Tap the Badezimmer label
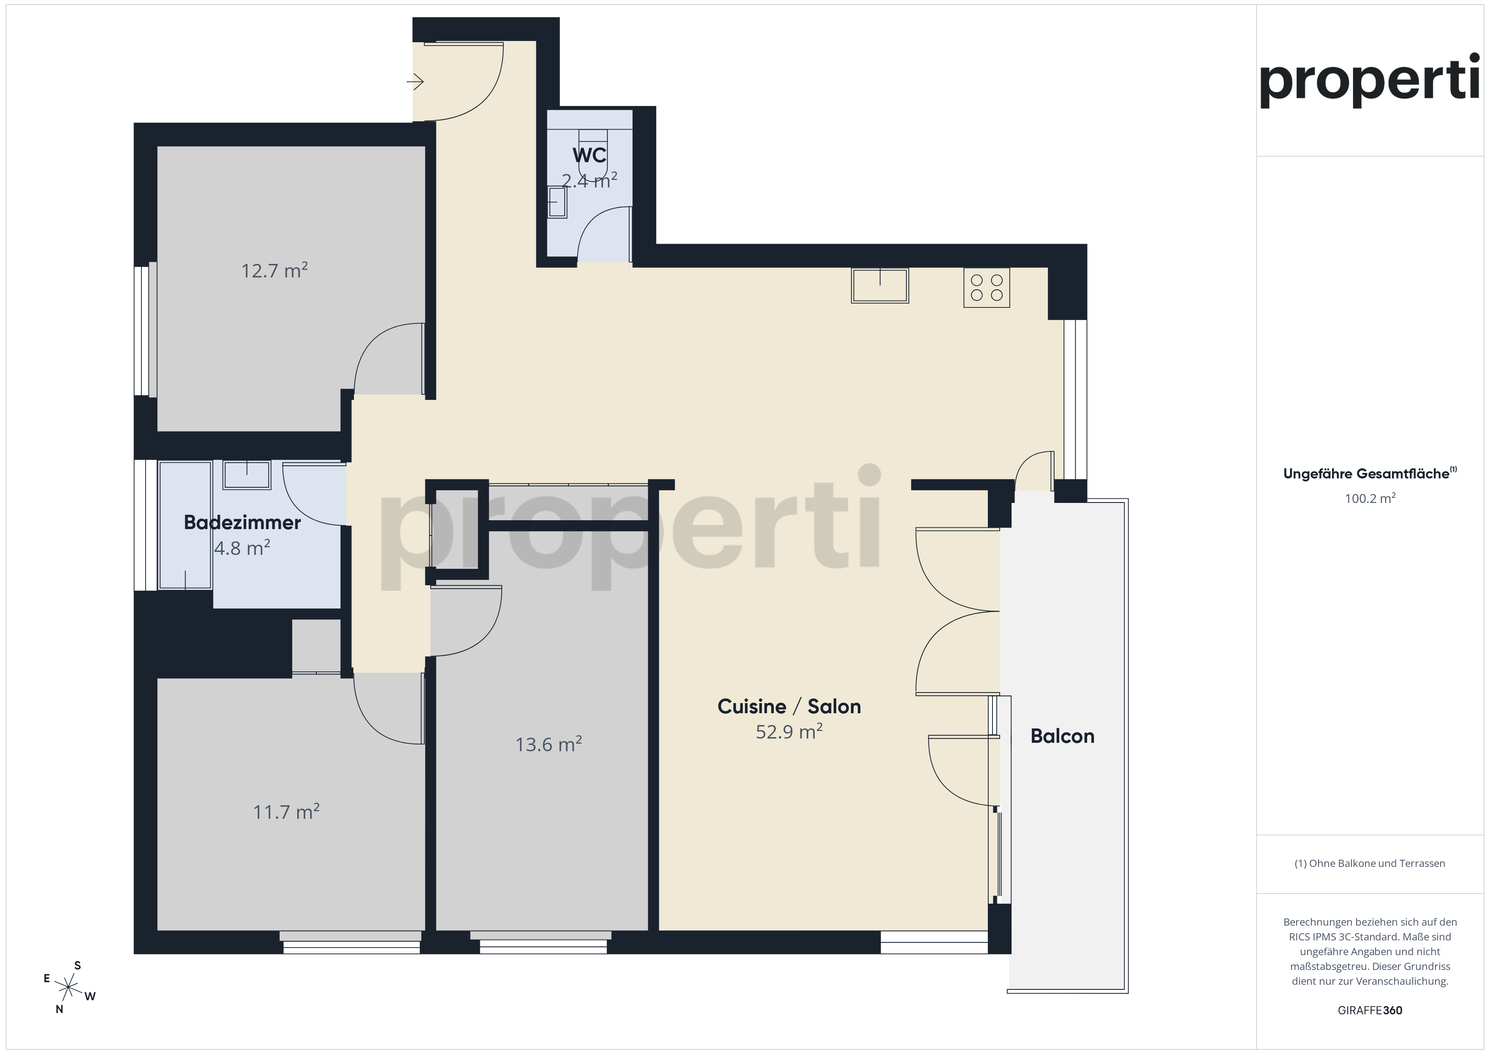242,522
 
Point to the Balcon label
1062,736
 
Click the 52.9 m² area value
789,731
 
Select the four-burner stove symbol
987,288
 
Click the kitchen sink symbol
880,285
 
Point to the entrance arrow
415,82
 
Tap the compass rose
68,987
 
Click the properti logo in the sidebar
1369,81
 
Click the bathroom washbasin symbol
247,475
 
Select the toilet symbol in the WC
593,154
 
